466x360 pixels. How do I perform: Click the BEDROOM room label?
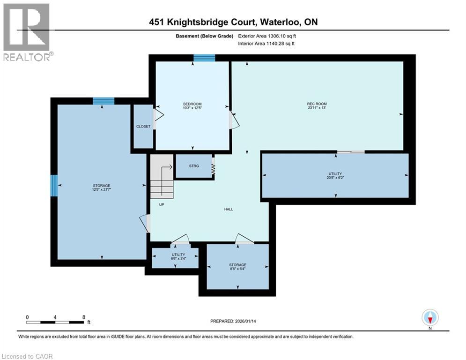192,104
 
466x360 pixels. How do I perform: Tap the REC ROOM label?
317,104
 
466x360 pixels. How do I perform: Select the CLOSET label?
143,126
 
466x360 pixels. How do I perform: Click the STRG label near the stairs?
194,166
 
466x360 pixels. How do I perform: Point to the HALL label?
229,209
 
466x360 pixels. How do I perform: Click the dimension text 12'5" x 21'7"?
102,190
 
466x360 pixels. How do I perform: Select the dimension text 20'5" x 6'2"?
335,178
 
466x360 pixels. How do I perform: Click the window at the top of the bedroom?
204,58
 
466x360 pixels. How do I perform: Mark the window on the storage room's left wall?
54,186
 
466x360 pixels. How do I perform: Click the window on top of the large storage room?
103,101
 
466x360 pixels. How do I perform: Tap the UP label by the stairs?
161,204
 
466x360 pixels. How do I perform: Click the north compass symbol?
430,318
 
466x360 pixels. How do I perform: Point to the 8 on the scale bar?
83,317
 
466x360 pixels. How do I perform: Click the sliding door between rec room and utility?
351,151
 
